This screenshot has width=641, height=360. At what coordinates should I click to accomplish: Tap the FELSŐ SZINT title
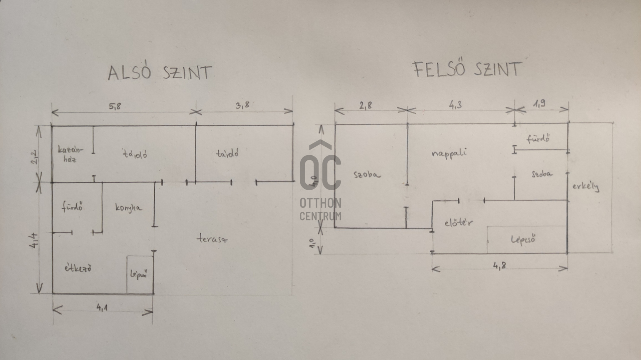pyautogui.click(x=467, y=70)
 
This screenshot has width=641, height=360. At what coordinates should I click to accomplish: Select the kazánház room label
pyautogui.click(x=70, y=154)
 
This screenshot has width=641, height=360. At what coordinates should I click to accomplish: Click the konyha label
pyautogui.click(x=129, y=208)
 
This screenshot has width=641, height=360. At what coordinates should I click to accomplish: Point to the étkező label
pyautogui.click(x=78, y=268)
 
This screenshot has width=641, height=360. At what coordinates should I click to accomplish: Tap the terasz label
pyautogui.click(x=212, y=239)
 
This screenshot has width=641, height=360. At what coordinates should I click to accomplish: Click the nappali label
pyautogui.click(x=449, y=153)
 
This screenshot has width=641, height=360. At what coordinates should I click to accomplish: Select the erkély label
pyautogui.click(x=586, y=186)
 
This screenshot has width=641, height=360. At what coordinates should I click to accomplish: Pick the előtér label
pyautogui.click(x=458, y=223)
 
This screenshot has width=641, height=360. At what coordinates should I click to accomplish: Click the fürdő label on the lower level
pyautogui.click(x=72, y=207)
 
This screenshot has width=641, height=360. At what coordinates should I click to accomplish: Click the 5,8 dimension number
pyautogui.click(x=115, y=106)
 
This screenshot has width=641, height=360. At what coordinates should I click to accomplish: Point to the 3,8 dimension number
pyautogui.click(x=242, y=105)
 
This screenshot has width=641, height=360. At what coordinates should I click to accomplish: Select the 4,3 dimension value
pyautogui.click(x=455, y=105)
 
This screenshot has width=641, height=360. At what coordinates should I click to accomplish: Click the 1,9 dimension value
pyautogui.click(x=540, y=104)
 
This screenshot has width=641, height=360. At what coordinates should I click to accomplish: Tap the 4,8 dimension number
pyautogui.click(x=499, y=266)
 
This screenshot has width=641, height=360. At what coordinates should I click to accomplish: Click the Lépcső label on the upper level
pyautogui.click(x=523, y=240)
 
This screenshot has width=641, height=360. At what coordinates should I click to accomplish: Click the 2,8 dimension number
pyautogui.click(x=366, y=106)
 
